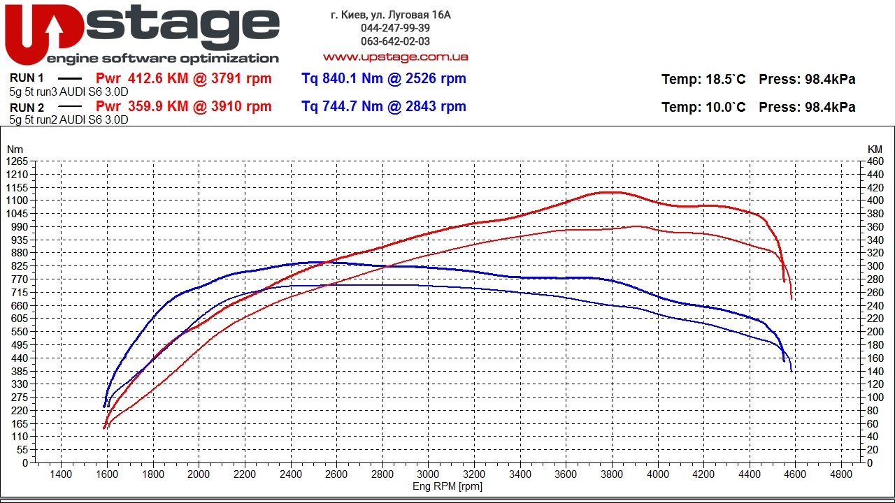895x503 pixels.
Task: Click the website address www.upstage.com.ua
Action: click(395, 57)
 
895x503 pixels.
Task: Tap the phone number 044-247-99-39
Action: click(395, 28)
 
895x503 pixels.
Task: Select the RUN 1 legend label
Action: click(27, 78)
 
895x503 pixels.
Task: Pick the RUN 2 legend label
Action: click(27, 108)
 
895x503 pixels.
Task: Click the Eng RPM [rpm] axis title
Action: click(447, 486)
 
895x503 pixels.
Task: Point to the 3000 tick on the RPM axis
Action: click(428, 474)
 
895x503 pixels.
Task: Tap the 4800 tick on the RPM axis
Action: click(841, 474)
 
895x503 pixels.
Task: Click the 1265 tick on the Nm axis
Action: click(17, 161)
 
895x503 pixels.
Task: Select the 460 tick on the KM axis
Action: click(875, 161)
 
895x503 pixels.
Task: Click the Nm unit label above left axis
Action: click(14, 149)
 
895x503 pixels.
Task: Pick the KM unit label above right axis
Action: click(875, 149)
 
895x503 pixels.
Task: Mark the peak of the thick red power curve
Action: click(608, 192)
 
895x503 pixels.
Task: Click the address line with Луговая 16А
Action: click(390, 15)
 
